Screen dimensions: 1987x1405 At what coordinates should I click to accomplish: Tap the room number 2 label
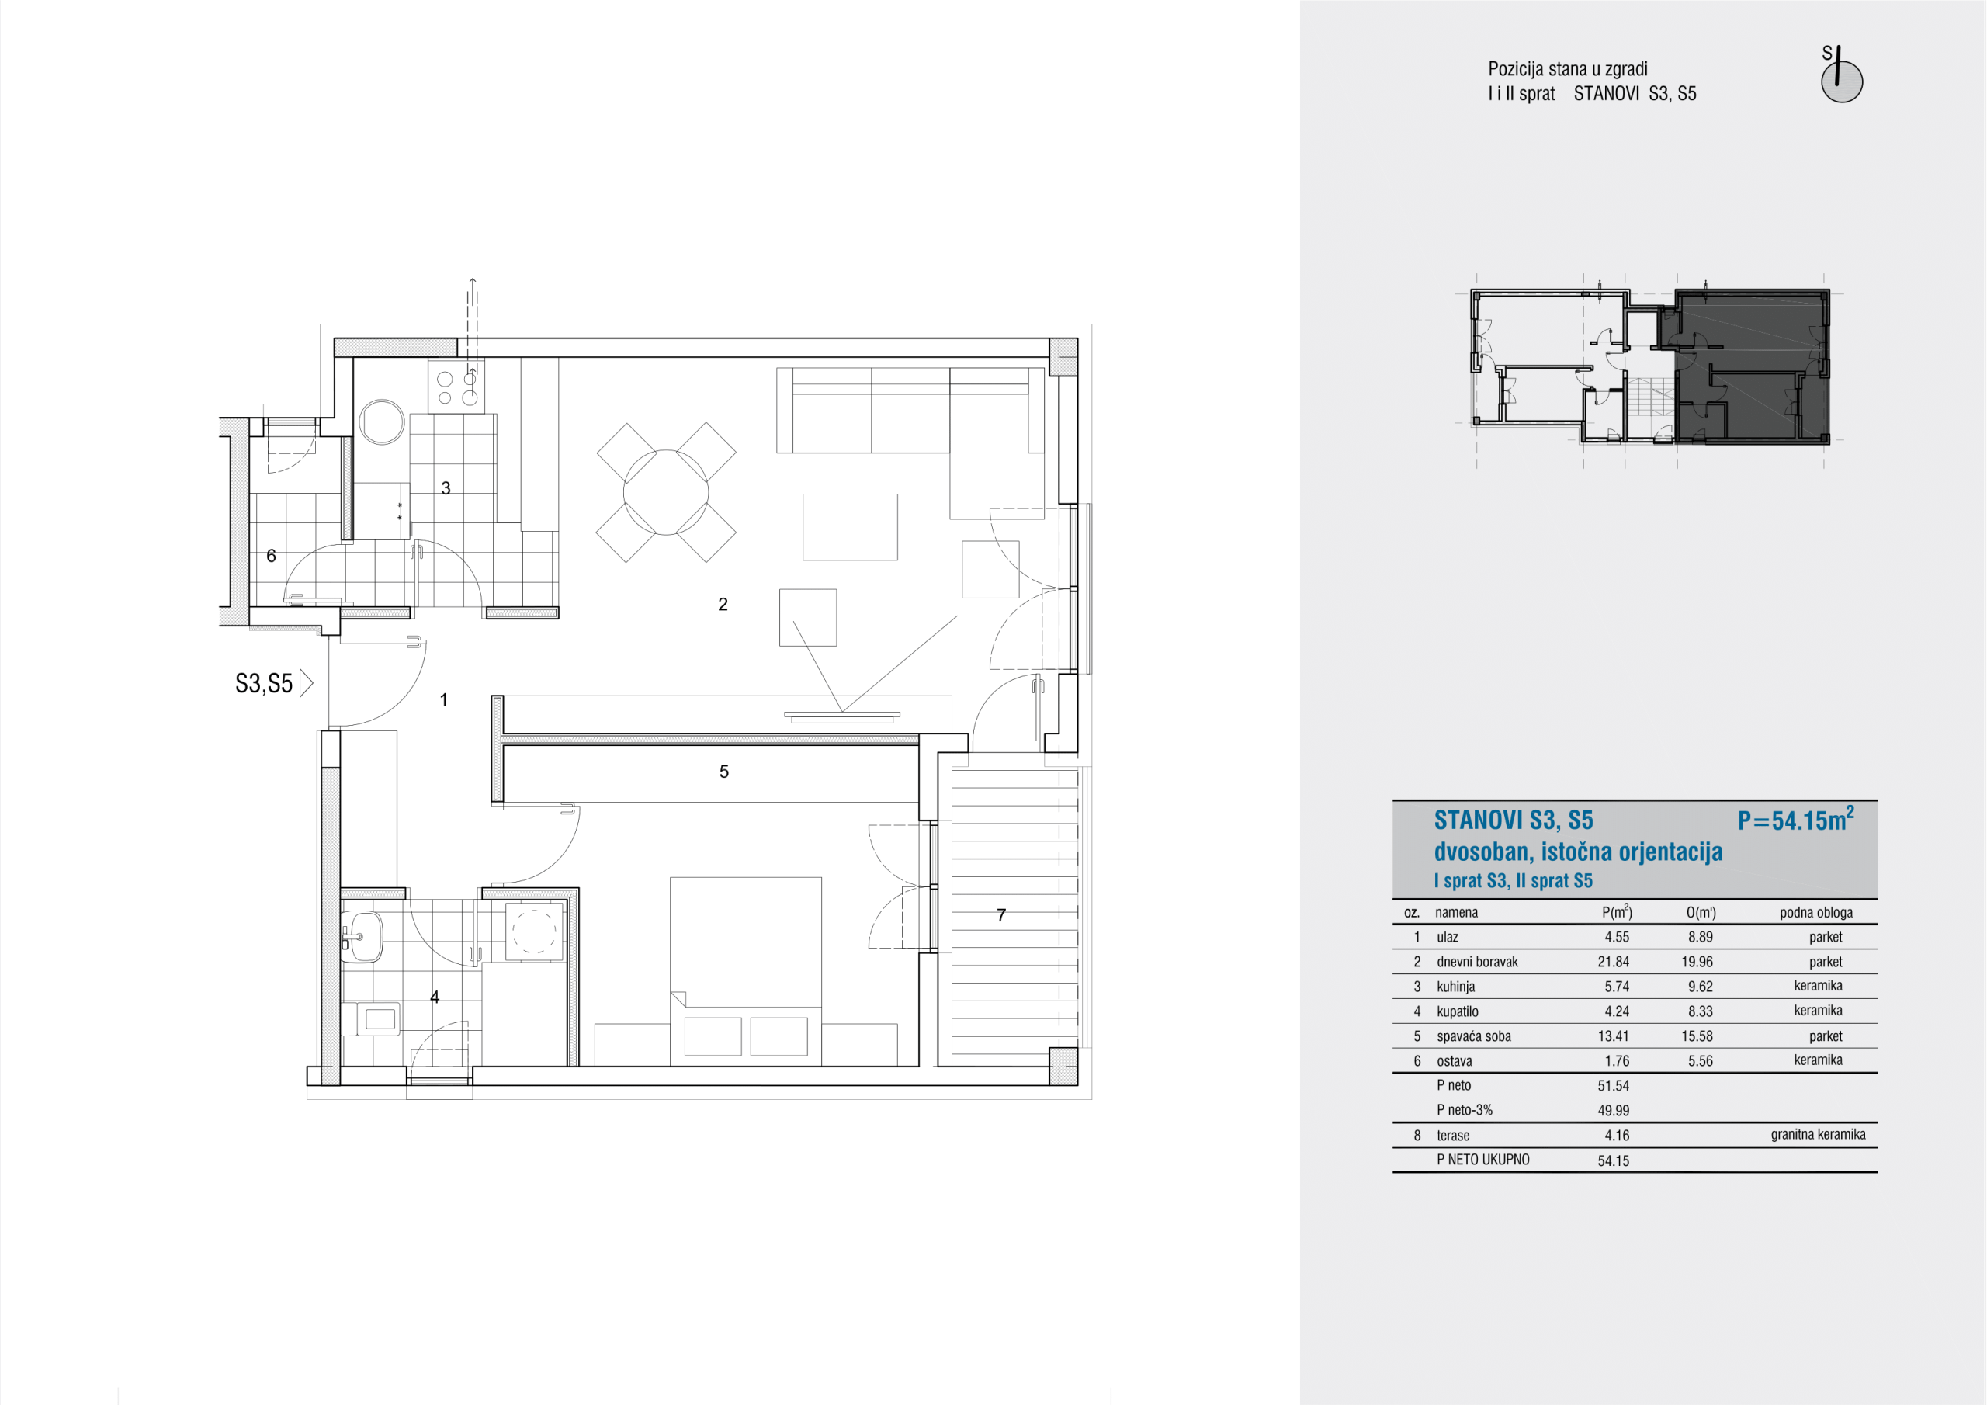pyautogui.click(x=723, y=604)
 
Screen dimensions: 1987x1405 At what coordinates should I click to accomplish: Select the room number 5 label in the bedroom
pyautogui.click(x=723, y=772)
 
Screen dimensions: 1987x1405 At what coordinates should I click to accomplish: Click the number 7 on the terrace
pyautogui.click(x=1001, y=915)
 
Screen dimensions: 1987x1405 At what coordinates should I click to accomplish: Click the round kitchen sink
pyautogui.click(x=381, y=421)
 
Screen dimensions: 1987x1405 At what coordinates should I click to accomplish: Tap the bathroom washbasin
pyautogui.click(x=362, y=936)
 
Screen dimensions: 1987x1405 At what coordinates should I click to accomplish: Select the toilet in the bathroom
pyautogui.click(x=372, y=1019)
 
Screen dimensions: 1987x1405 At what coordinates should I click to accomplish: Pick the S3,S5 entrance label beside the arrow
pyautogui.click(x=264, y=684)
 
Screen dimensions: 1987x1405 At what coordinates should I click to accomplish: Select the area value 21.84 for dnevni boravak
pyautogui.click(x=1613, y=962)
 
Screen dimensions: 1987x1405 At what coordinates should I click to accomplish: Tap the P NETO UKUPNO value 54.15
pyautogui.click(x=1613, y=1161)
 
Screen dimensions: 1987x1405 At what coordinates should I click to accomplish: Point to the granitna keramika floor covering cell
pyautogui.click(x=1817, y=1135)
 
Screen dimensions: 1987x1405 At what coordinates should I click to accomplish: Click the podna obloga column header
pyautogui.click(x=1815, y=912)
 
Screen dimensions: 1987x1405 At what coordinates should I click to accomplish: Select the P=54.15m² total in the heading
pyautogui.click(x=1795, y=819)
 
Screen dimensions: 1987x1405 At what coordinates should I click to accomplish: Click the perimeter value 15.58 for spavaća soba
pyautogui.click(x=1700, y=1036)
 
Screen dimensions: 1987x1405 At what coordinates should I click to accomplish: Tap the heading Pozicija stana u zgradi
pyautogui.click(x=1567, y=69)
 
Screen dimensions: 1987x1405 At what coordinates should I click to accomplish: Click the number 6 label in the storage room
pyautogui.click(x=271, y=556)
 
